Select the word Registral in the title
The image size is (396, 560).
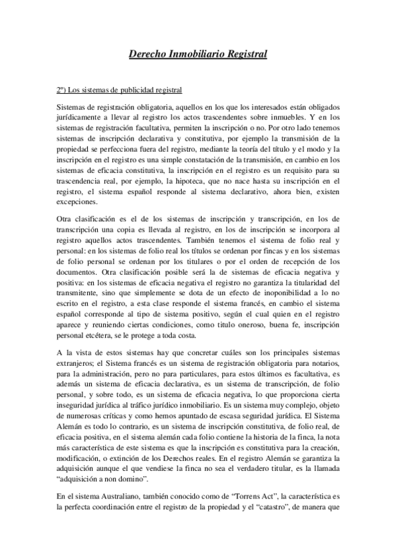(x=245, y=54)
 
